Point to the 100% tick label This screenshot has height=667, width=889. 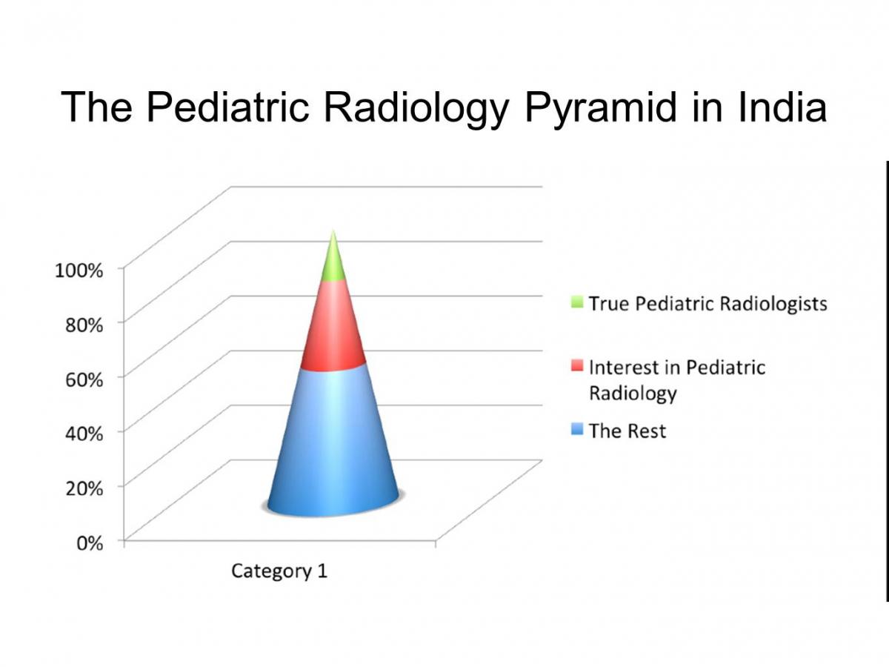coord(79,271)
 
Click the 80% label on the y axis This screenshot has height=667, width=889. coord(84,325)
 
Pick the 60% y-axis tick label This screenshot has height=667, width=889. coord(84,379)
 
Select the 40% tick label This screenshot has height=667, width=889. coord(84,434)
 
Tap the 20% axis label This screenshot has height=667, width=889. coord(84,488)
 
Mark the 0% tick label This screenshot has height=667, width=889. coord(90,543)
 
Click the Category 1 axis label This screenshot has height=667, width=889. coord(279,571)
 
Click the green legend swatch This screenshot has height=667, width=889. coord(577,302)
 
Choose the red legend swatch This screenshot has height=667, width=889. coord(577,365)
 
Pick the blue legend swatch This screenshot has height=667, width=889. coord(577,429)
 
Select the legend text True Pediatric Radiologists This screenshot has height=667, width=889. coord(708,304)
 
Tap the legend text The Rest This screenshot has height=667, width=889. coord(627,431)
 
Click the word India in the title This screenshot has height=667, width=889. coord(782,107)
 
